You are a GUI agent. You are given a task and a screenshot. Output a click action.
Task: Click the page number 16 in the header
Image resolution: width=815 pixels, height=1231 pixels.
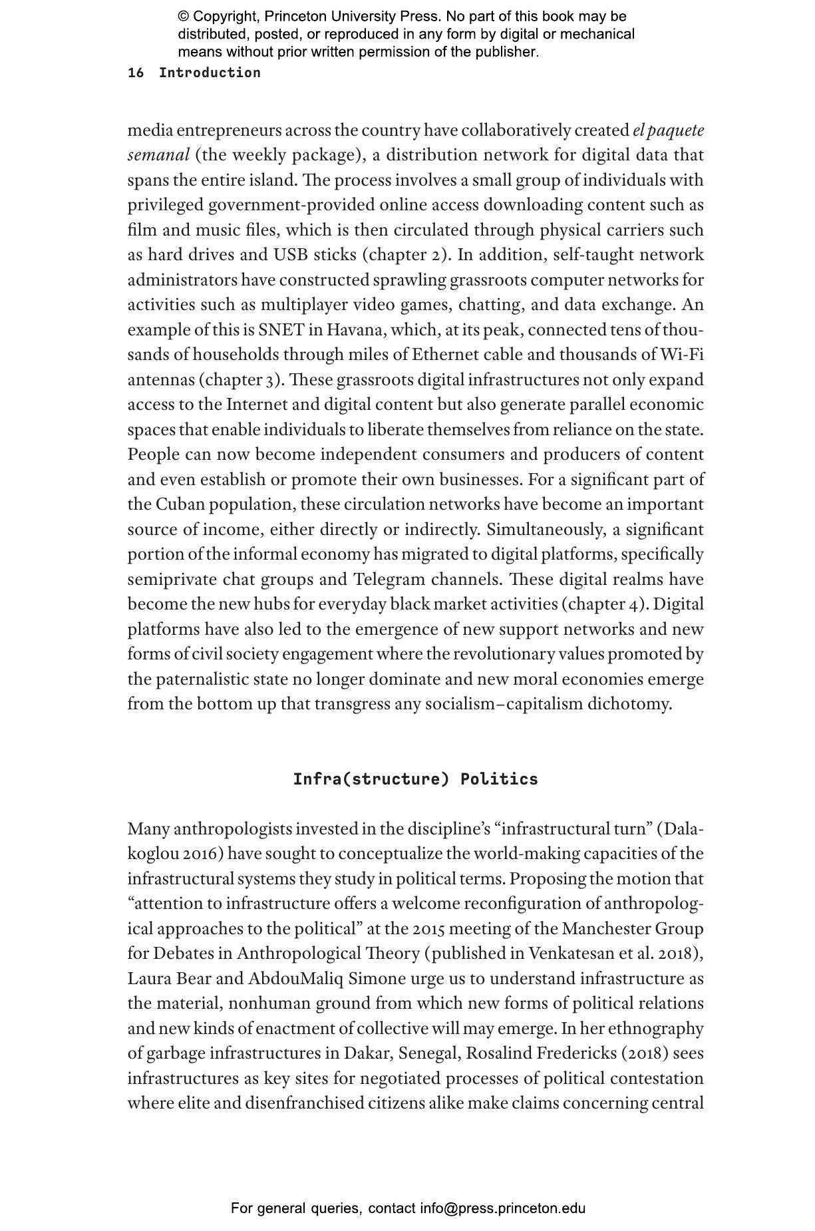pos(135,73)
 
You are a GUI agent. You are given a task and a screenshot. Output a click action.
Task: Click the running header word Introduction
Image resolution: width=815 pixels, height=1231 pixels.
pos(210,73)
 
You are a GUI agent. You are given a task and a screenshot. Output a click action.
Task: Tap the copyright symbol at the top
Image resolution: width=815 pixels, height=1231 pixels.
pos(184,17)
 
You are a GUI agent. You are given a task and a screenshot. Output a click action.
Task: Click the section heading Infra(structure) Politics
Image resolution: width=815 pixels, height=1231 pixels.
pos(415,779)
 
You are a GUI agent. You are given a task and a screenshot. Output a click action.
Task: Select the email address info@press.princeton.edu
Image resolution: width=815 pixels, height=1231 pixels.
pos(502,1208)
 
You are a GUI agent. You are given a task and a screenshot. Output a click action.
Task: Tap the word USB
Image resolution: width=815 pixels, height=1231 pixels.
pos(289,255)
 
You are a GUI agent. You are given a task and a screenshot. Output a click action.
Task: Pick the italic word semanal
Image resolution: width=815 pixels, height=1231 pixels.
pos(158,155)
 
